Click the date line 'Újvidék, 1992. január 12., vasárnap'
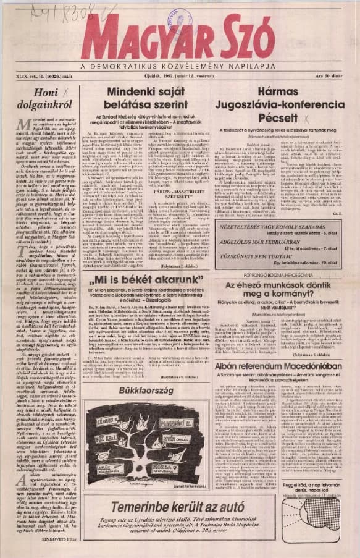(180, 75)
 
